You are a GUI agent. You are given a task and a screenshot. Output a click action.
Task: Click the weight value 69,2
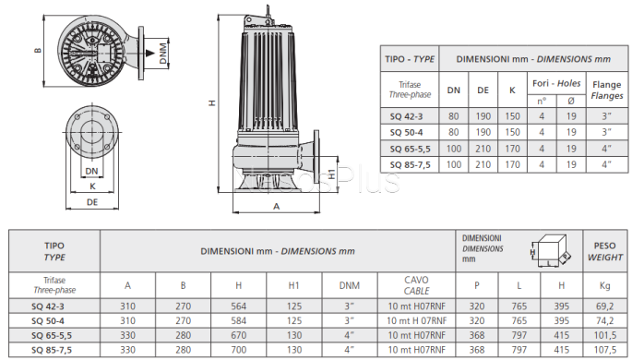click(604, 306)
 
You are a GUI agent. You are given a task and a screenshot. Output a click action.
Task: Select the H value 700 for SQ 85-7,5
click(239, 350)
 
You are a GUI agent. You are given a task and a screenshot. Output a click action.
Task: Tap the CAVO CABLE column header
click(416, 285)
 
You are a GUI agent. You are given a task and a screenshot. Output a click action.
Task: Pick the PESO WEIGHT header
click(604, 251)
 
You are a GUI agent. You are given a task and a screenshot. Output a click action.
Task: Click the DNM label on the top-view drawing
click(162, 54)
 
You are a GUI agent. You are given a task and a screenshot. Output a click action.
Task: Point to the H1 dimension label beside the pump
click(331, 174)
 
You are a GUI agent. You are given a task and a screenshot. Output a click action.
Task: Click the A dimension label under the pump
click(276, 207)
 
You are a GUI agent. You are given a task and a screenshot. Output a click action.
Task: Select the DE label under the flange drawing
click(92, 202)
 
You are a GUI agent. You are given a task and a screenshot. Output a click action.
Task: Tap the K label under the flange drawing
click(92, 186)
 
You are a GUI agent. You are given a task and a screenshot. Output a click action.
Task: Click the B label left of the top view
click(38, 51)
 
